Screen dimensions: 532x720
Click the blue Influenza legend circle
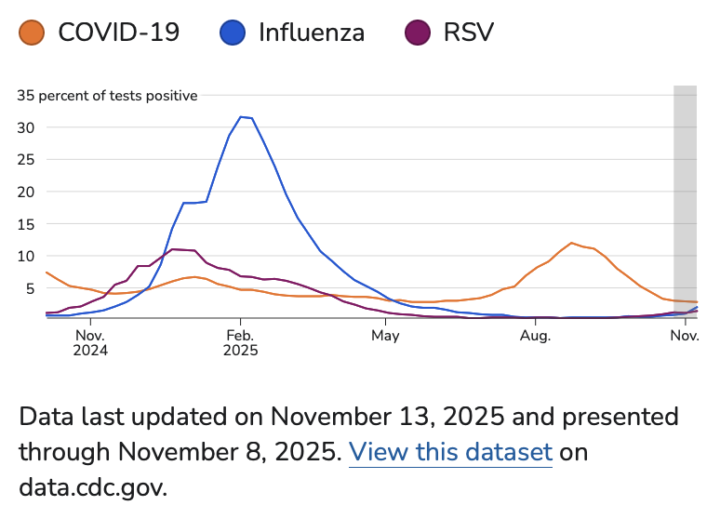click(233, 33)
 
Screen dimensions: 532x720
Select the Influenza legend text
click(311, 33)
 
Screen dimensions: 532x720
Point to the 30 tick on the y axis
click(26, 127)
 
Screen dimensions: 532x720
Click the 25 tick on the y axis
click(26, 159)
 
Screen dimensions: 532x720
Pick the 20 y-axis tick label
click(26, 192)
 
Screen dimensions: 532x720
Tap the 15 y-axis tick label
click(26, 223)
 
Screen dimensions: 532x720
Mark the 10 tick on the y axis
click(26, 256)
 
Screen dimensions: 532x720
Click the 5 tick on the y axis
click(29, 287)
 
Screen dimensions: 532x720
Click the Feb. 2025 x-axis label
click(240, 342)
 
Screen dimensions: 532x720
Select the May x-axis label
click(385, 335)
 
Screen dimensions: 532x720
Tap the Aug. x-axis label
click(536, 335)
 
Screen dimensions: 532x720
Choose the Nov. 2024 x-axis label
click(90, 342)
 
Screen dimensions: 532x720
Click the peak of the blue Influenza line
click(241, 116)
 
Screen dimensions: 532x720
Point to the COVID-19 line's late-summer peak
click(572, 243)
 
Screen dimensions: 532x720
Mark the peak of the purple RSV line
click(173, 248)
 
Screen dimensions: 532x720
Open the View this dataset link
click(450, 453)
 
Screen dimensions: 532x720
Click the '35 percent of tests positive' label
click(108, 95)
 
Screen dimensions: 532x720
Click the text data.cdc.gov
click(93, 487)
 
